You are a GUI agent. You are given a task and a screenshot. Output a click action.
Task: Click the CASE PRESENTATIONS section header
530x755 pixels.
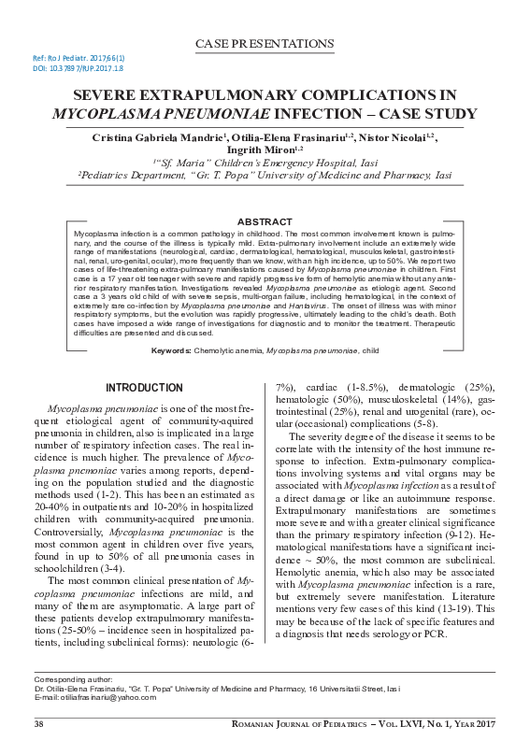(x=265, y=44)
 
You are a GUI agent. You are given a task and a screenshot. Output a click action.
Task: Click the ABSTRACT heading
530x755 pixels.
(x=265, y=221)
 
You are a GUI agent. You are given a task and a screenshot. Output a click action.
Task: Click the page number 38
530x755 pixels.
(x=39, y=724)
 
